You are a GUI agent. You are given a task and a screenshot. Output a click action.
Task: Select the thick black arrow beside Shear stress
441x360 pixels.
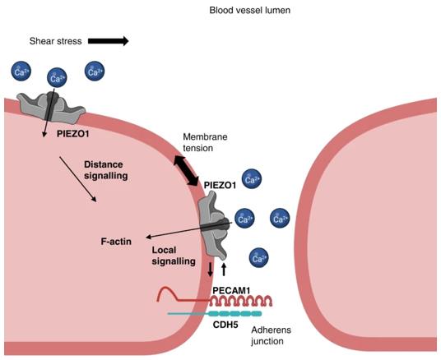point(107,40)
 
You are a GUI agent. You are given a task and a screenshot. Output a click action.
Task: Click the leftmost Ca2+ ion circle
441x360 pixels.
point(22,72)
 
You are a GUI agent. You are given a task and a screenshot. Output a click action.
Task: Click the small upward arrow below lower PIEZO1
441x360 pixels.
point(225,269)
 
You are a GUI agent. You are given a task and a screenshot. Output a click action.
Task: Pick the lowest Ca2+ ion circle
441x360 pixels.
point(258,258)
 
